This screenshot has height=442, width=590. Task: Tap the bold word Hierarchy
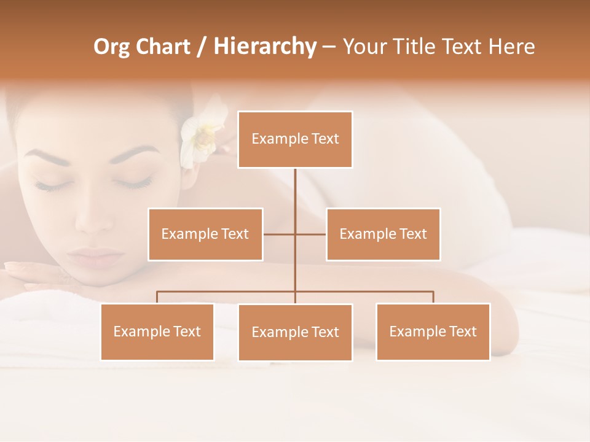265,47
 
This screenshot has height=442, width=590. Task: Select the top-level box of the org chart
295,139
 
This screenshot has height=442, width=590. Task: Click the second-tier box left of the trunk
205,234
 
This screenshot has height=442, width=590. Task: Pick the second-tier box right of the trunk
383,234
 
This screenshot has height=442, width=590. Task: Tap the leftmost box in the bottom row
157,331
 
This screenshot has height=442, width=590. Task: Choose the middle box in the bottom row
295,332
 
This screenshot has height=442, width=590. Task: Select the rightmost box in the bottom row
433,331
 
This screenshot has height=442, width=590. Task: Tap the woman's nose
92,221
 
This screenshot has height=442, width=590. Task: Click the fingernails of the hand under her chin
15,267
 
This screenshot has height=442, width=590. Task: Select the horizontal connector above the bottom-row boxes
369,292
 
